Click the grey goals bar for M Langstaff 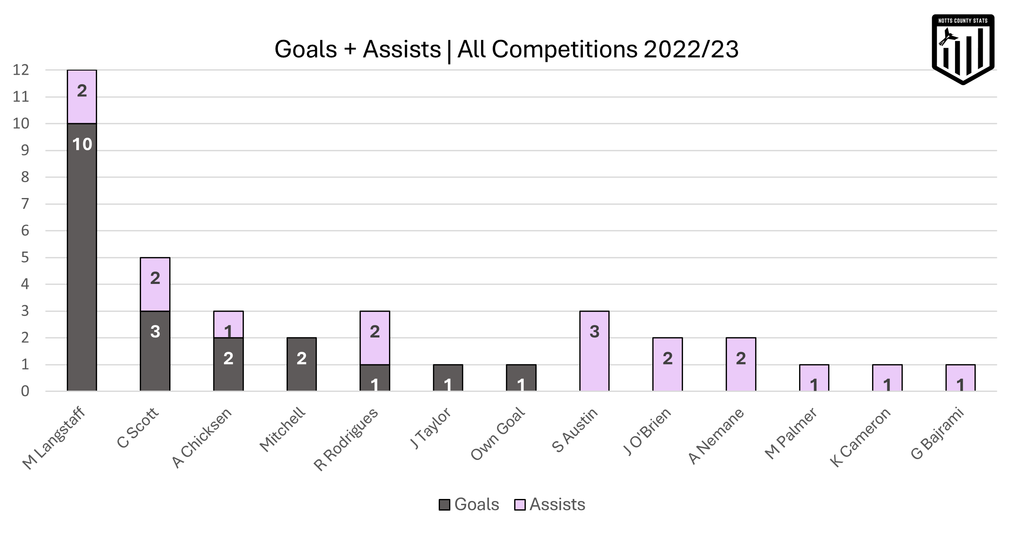82,257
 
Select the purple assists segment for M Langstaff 82,97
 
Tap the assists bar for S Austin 594,351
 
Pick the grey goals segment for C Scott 155,351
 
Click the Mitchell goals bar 301,364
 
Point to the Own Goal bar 521,378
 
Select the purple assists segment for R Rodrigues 374,338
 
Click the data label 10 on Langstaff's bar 82,144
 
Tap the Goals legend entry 470,504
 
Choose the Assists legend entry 550,504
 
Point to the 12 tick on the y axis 21,70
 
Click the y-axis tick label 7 25,204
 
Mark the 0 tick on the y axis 25,391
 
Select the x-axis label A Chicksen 202,438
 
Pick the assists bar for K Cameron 887,378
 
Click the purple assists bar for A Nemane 741,364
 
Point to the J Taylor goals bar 448,378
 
